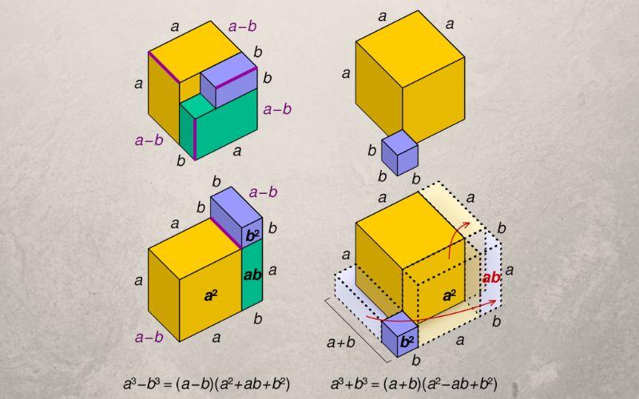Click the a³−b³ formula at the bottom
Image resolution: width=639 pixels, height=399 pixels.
coord(207,384)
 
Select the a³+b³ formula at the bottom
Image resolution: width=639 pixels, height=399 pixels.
coord(414,384)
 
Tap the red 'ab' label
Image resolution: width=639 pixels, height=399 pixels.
coord(491,278)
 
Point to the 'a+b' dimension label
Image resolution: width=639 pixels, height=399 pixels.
coord(341,343)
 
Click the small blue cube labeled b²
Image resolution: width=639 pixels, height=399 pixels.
coord(400,334)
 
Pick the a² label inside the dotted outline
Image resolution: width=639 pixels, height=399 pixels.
coord(450,295)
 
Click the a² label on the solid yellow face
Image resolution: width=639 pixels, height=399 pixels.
coord(211,295)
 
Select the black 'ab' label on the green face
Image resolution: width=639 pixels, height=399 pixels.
coord(252,275)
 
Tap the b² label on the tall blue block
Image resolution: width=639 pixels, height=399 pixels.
coord(252,236)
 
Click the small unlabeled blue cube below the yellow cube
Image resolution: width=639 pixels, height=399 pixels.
coord(400,153)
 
